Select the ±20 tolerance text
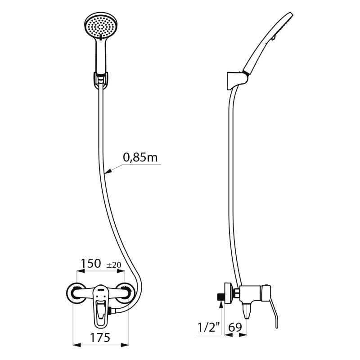click(x=114, y=265)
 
